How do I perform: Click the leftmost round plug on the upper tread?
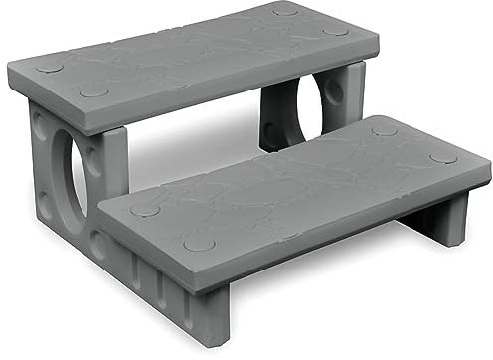(48, 68)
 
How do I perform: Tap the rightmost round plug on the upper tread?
(336, 31)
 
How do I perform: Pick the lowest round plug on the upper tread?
(94, 91)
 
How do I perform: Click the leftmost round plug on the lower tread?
(145, 210)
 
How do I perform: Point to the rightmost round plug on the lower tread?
(443, 158)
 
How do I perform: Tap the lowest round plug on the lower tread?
(199, 244)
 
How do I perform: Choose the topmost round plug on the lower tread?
(384, 130)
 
